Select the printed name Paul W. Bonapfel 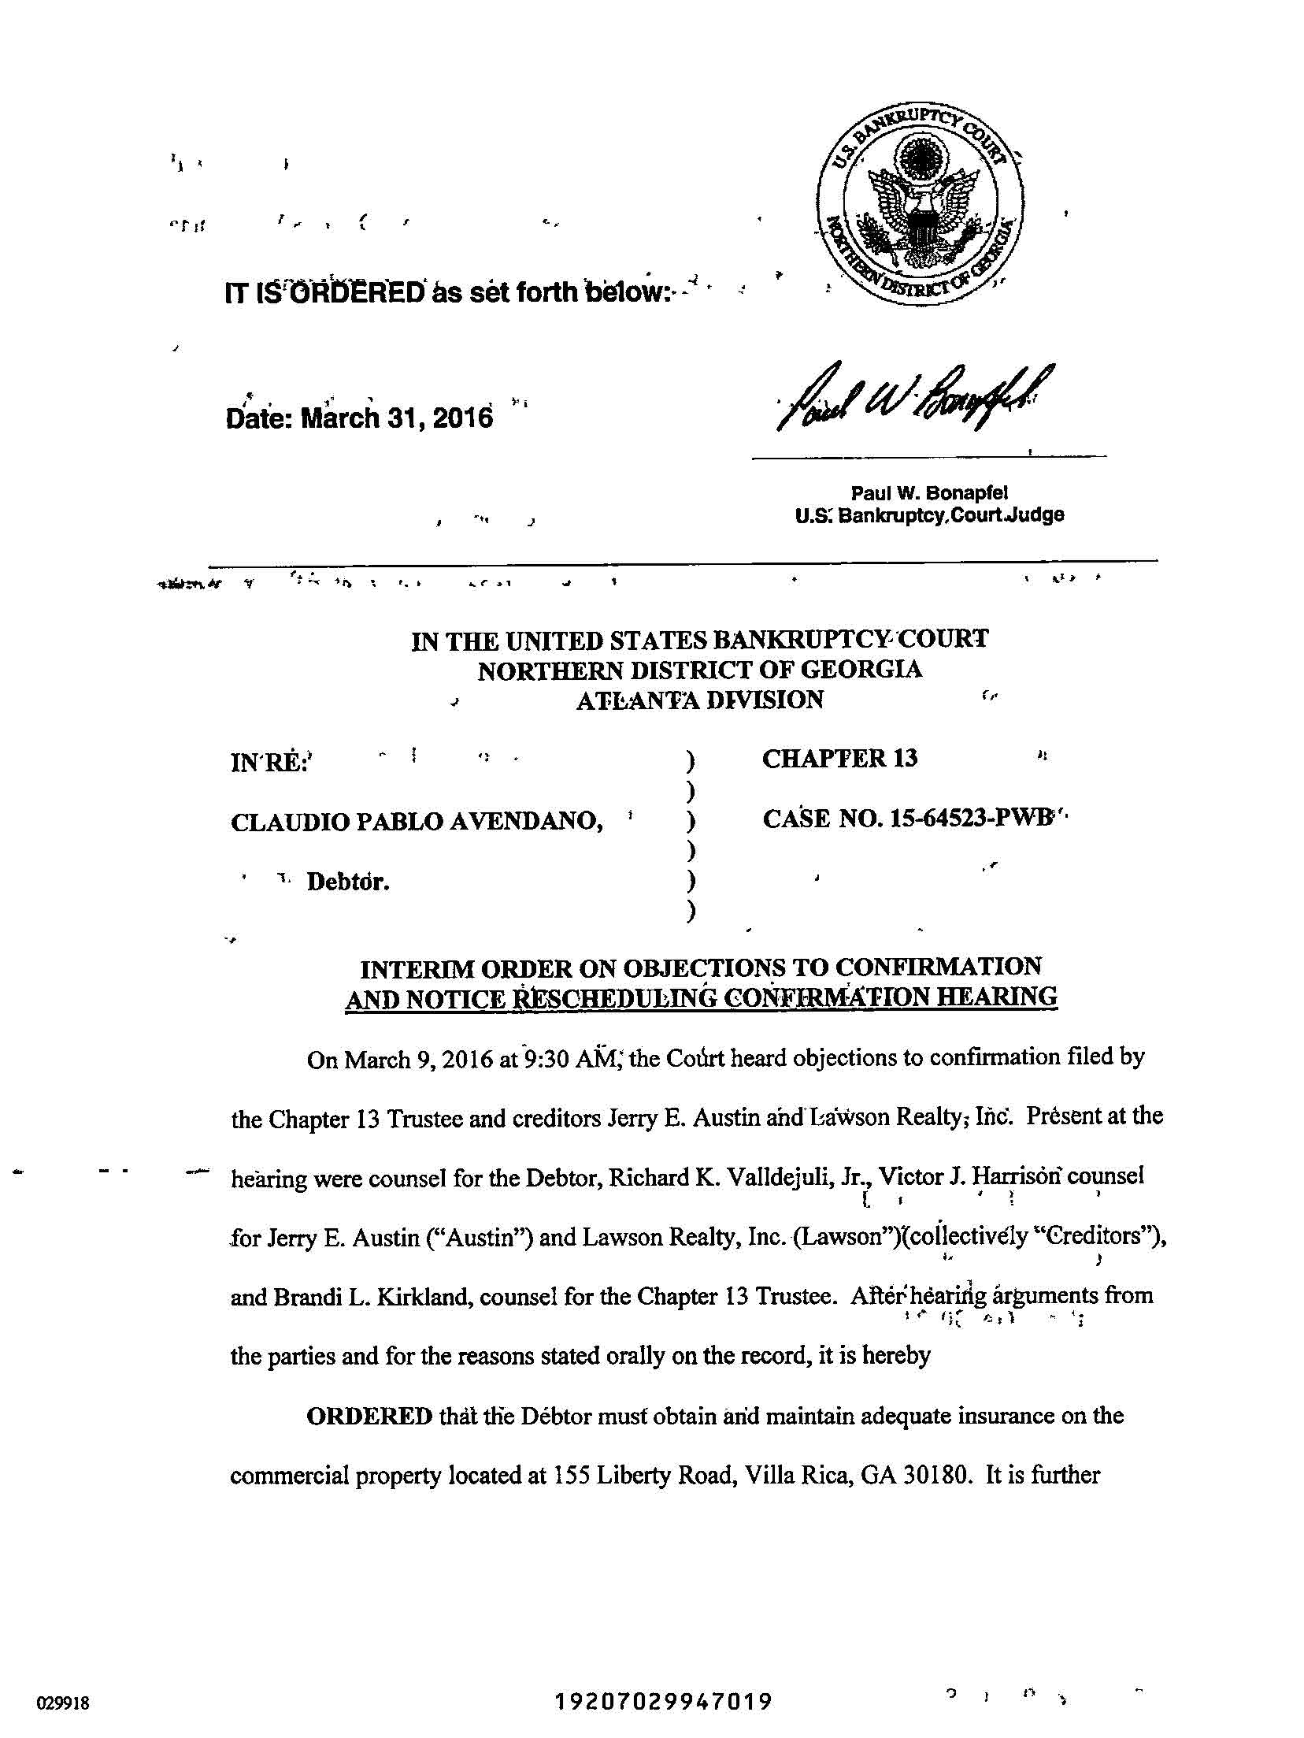tap(929, 493)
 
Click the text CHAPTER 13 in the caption tap(839, 758)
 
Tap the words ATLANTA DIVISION tap(699, 700)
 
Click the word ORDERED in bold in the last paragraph tap(369, 1416)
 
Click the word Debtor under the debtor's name tap(348, 882)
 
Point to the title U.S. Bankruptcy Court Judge tap(929, 516)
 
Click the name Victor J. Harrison tap(972, 1178)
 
